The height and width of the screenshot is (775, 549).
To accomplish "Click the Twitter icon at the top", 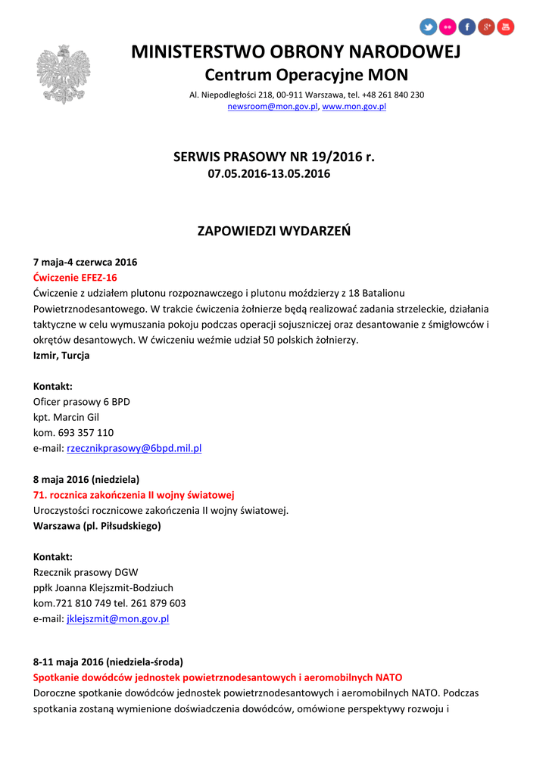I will click(x=429, y=27).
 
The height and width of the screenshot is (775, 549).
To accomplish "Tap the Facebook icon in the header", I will click(x=467, y=27).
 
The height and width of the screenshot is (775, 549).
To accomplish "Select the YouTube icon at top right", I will click(x=506, y=27).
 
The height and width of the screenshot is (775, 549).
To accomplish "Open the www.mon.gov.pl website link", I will click(x=354, y=107).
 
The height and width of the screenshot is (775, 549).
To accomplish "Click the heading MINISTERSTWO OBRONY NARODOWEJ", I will click(x=295, y=52).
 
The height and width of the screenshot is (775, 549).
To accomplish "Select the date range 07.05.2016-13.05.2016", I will click(x=269, y=174).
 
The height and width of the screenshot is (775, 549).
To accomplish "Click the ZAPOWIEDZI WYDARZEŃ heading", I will click(x=274, y=231).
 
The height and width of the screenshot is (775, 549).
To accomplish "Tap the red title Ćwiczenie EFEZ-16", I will click(x=75, y=277).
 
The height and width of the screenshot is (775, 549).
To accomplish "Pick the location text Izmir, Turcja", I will click(x=61, y=355).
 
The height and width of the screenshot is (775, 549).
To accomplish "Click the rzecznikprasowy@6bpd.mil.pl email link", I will click(x=134, y=448).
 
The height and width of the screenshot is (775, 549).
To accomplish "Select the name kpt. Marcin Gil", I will click(x=67, y=417).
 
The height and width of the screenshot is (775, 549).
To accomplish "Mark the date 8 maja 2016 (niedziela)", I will click(x=86, y=479).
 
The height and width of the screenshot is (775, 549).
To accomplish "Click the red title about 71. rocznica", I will click(x=134, y=495).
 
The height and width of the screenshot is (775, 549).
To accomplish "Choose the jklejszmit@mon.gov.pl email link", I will click(x=117, y=618).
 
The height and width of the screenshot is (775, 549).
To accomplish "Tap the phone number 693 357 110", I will click(x=86, y=433).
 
